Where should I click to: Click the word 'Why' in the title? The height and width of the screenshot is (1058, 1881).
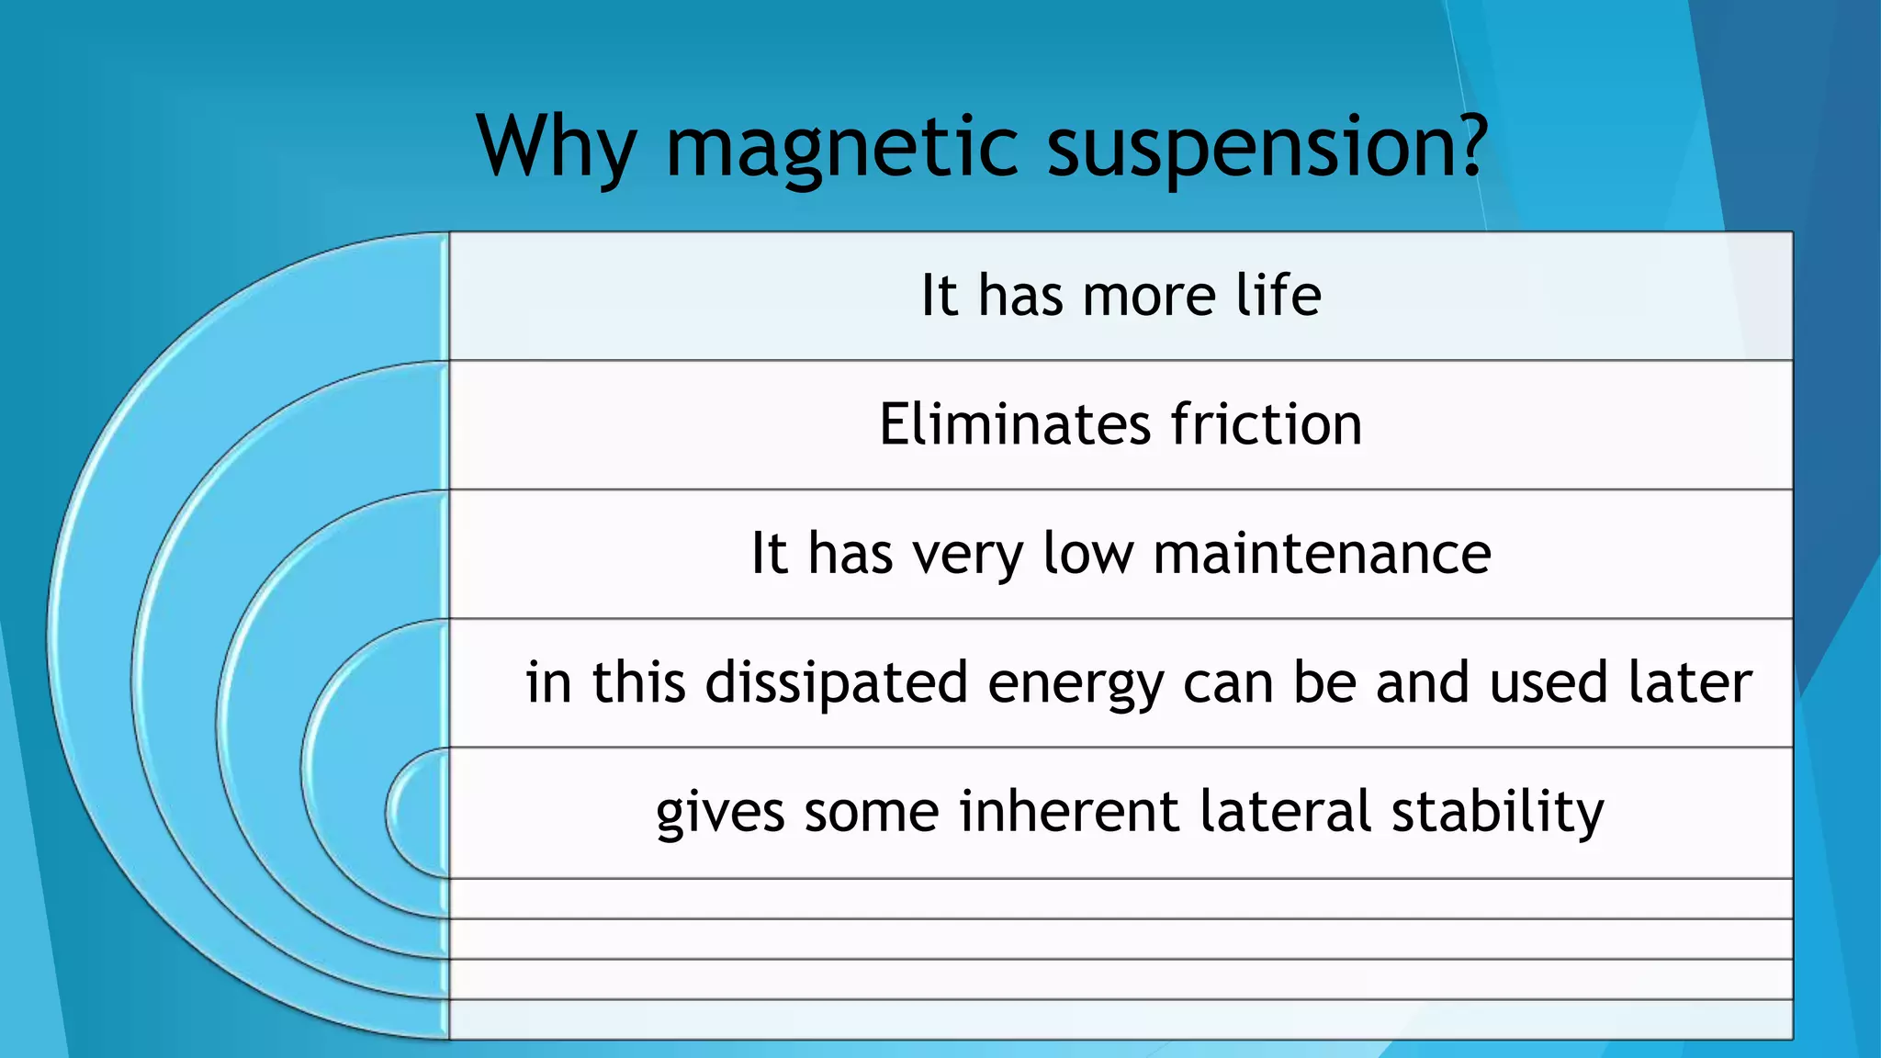tap(556, 147)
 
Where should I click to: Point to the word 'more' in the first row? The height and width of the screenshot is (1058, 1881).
tap(1149, 298)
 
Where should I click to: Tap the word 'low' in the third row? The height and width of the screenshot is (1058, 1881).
tap(1087, 554)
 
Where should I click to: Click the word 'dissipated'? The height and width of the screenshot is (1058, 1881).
tap(836, 683)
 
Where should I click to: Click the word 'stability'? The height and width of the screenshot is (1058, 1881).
tap(1497, 814)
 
